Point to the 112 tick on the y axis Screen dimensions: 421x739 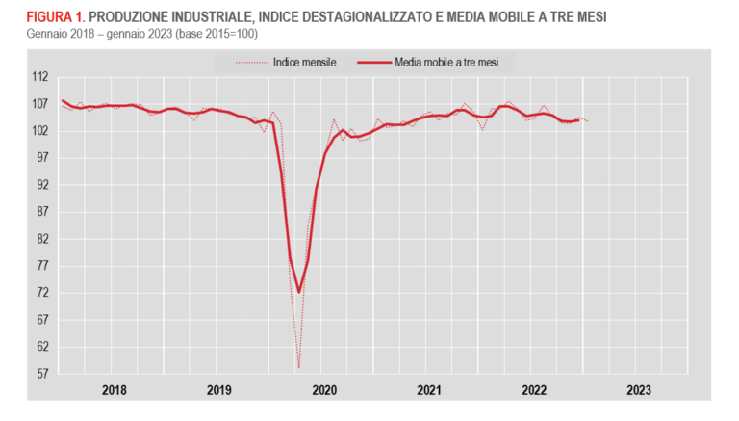coord(39,76)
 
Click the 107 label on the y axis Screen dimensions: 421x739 coord(39,103)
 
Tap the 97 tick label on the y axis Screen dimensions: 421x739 coord(42,157)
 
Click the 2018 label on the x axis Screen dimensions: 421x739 coord(114,390)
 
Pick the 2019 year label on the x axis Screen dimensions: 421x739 coord(218,390)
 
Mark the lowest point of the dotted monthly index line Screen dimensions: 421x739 coord(298,367)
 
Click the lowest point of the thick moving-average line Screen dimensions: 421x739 coord(299,292)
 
